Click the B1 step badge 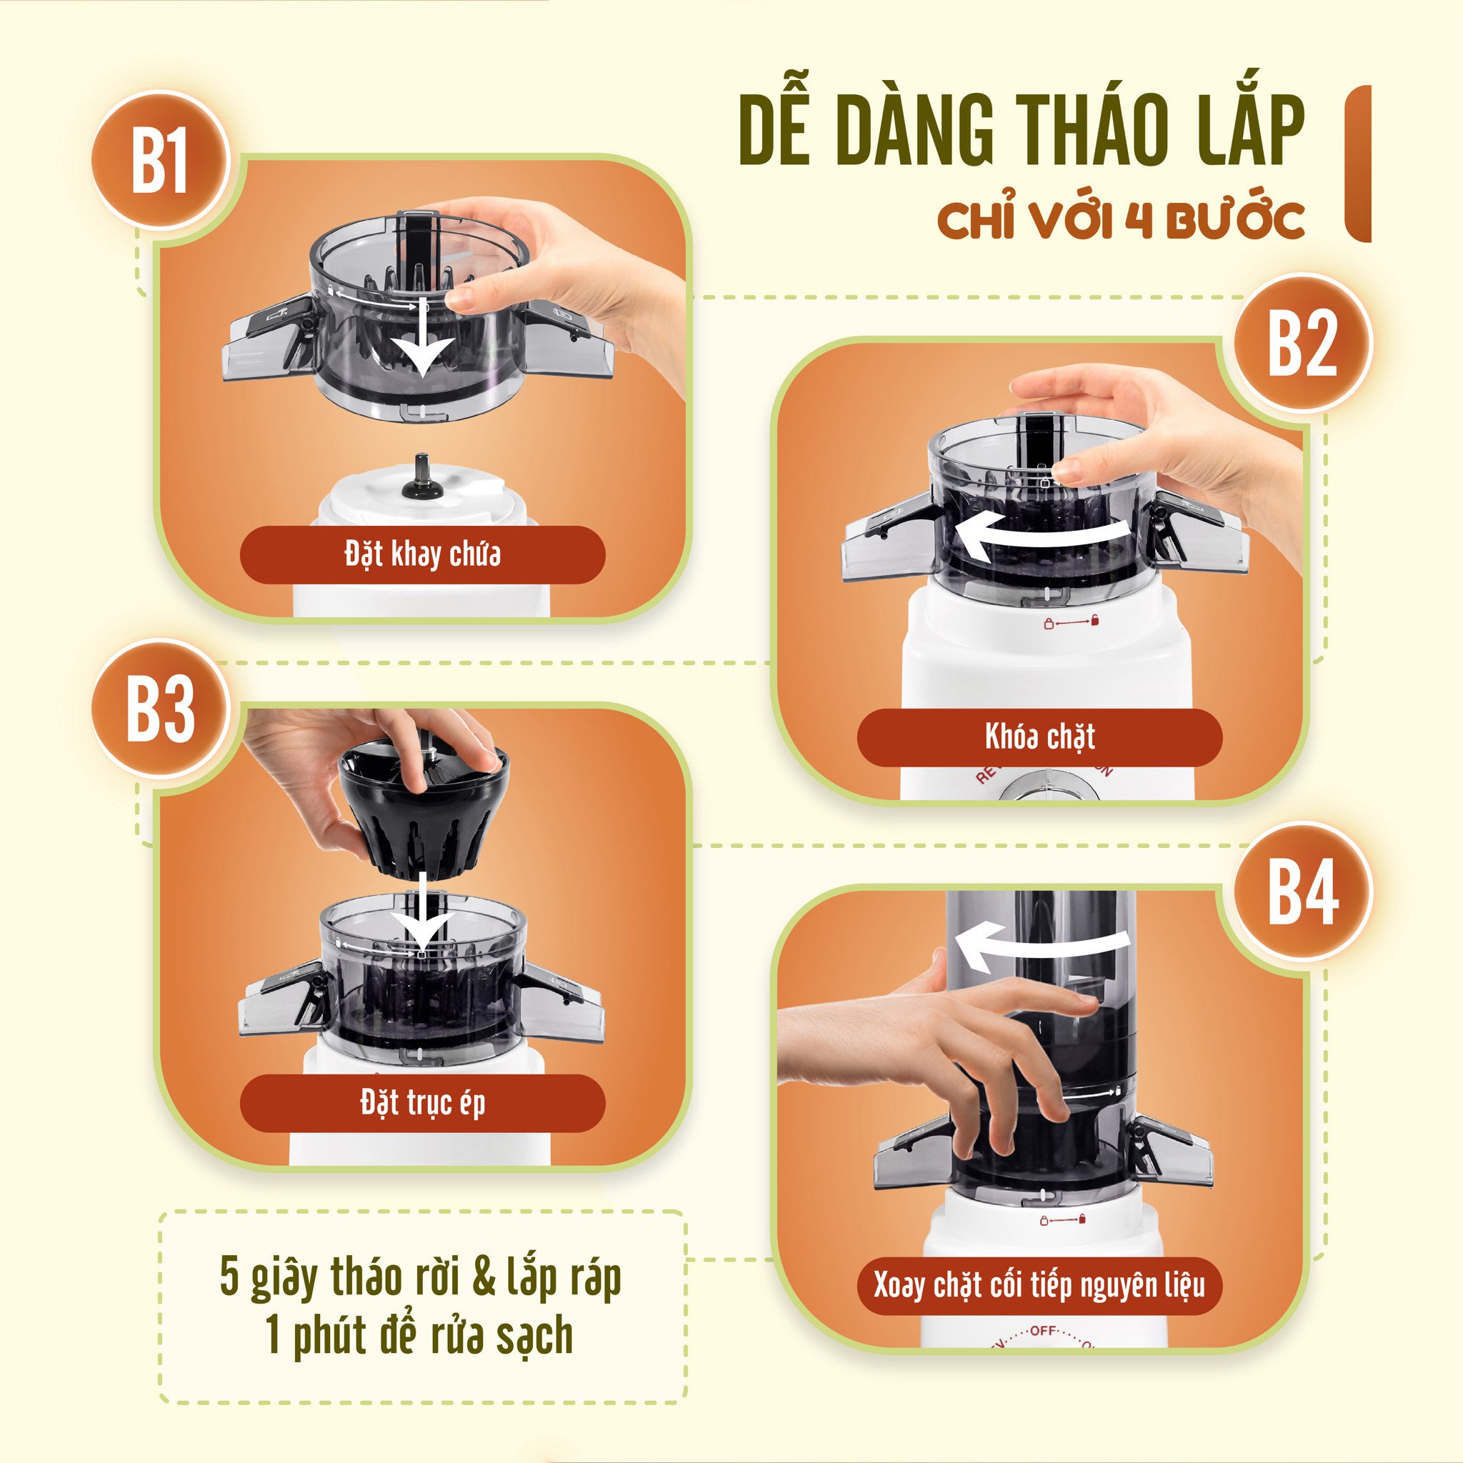pyautogui.click(x=159, y=161)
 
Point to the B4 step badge pyautogui.click(x=1302, y=894)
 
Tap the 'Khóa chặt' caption pyautogui.click(x=1039, y=737)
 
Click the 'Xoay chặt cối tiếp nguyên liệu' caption pyautogui.click(x=1039, y=1286)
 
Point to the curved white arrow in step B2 pyautogui.click(x=1045, y=534)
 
